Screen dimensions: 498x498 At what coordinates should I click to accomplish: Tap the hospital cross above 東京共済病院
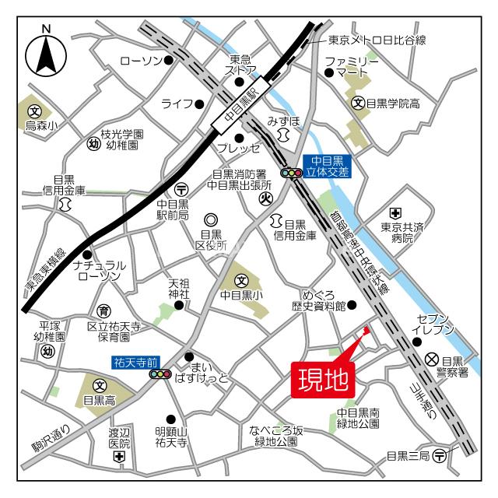pyautogui.click(x=395, y=212)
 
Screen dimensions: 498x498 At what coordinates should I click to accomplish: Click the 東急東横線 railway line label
pyautogui.click(x=40, y=274)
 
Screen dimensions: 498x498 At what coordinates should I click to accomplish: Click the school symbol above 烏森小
pyautogui.click(x=34, y=111)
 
